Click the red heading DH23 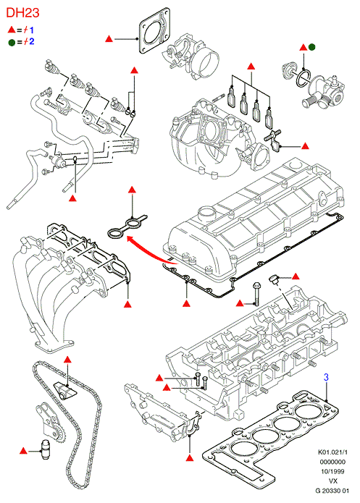coord(22,13)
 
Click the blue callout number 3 coord(326,377)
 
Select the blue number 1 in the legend coord(31,30)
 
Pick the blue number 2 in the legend coord(31,41)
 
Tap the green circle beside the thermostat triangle coord(311,47)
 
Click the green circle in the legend coord(12,42)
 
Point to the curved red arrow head coord(130,239)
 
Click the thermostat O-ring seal coord(304,78)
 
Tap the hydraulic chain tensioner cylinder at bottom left coord(45,452)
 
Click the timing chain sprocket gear coord(59,435)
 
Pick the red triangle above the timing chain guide coord(67,359)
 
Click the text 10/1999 coord(332,472)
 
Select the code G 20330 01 coord(332,491)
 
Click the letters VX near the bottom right coord(333,481)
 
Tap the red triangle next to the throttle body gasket coord(109,39)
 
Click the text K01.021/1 coord(332,452)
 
